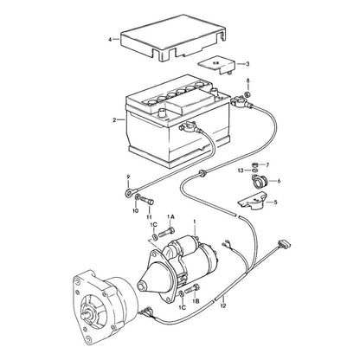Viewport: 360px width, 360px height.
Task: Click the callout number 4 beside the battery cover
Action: [110, 40]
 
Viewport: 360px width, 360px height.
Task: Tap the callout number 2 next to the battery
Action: [114, 120]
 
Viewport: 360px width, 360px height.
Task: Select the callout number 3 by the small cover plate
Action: [247, 64]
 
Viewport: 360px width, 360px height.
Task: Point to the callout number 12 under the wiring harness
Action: [223, 305]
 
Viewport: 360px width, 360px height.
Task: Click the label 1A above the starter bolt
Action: [170, 216]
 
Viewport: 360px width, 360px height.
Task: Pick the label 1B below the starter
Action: [196, 301]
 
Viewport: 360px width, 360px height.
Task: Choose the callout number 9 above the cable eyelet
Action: [128, 182]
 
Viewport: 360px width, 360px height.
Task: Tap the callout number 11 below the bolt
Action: [149, 216]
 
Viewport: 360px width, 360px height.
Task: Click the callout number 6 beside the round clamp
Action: [279, 181]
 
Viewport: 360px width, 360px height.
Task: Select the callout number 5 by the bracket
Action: [275, 202]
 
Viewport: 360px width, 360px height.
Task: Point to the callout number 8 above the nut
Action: [247, 80]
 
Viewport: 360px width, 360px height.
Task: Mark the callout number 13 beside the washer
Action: [241, 170]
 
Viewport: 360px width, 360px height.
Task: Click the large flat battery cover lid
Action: [173, 37]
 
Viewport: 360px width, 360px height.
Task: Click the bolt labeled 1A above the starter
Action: [166, 231]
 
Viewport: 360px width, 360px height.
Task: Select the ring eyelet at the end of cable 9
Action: [128, 193]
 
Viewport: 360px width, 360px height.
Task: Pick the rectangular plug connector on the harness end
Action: [284, 244]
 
